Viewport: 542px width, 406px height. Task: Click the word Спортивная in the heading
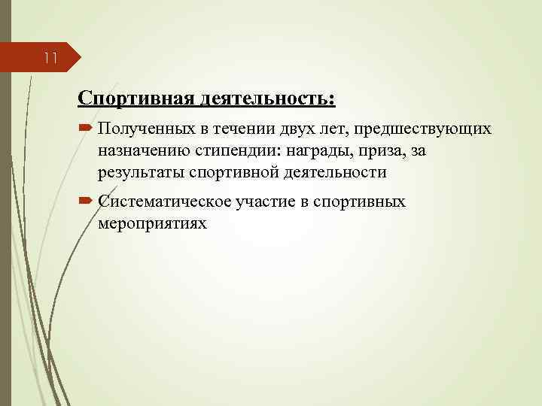click(x=135, y=99)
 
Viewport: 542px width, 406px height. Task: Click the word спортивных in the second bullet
click(x=360, y=202)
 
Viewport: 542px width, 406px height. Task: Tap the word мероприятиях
click(x=151, y=223)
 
